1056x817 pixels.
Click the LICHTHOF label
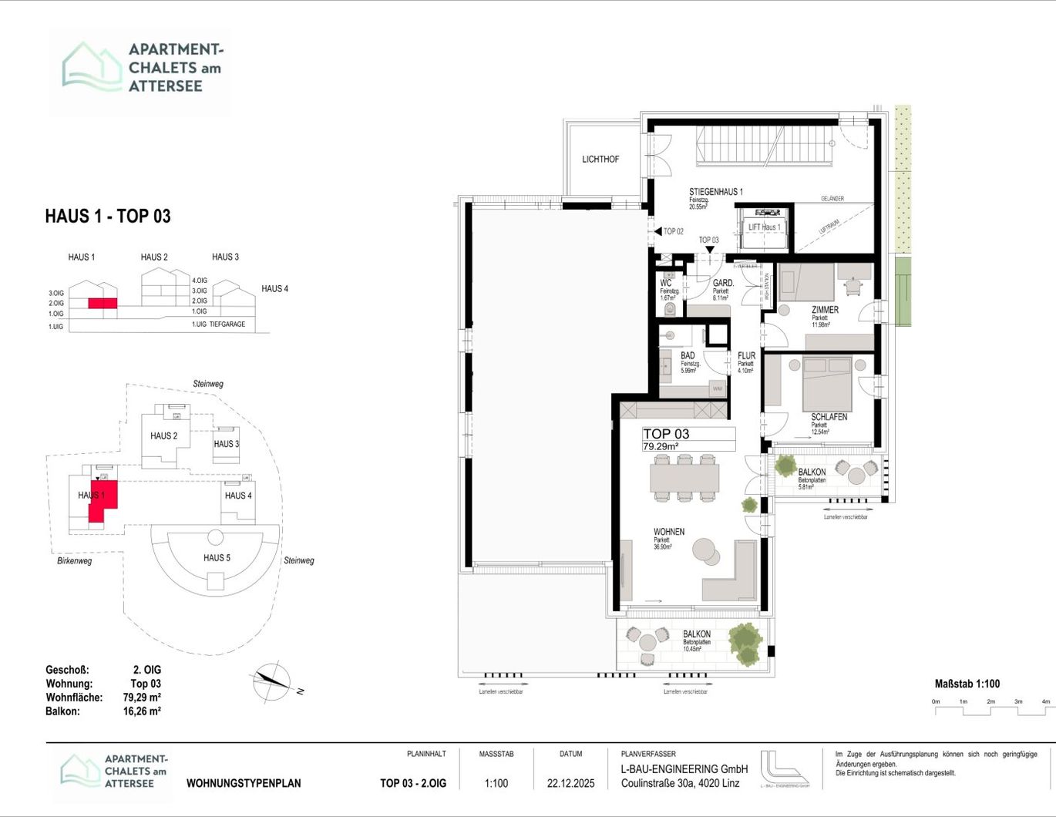point(600,160)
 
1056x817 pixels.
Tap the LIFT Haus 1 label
point(764,227)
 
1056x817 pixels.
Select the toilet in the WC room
point(669,309)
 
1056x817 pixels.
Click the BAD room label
point(688,356)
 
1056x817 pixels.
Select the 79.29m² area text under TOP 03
point(661,446)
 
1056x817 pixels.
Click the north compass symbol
point(271,680)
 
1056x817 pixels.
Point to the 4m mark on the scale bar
point(1045,702)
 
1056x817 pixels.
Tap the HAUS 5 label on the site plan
point(217,558)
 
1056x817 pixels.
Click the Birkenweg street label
point(75,561)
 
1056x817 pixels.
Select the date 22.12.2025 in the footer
point(570,783)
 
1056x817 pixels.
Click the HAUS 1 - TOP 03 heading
point(108,217)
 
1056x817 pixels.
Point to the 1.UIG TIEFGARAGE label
point(218,324)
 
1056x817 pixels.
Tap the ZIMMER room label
point(825,310)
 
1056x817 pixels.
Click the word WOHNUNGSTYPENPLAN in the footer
point(244,783)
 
